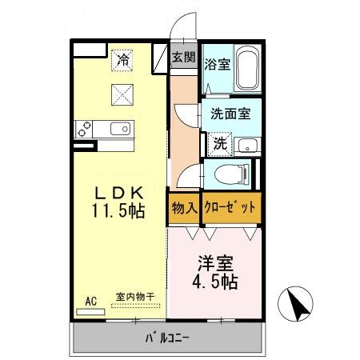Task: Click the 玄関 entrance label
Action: point(183,58)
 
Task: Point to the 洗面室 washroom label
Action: point(230,114)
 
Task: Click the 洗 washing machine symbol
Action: point(218,145)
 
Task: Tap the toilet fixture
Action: point(229,173)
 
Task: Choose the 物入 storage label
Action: point(184,207)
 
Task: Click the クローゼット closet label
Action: point(230,207)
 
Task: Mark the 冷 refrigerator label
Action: point(122,58)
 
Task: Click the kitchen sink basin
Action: point(121,129)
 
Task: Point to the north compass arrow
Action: point(300,305)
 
